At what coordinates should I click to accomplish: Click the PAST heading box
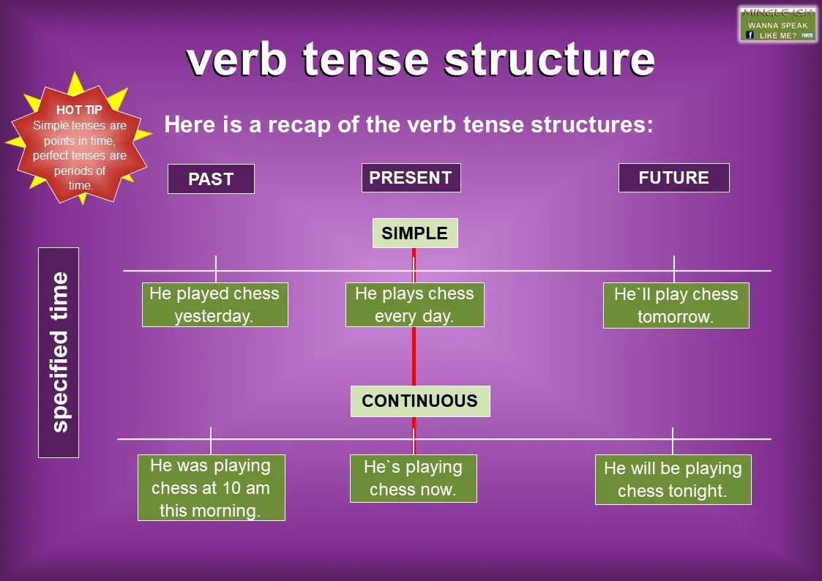(x=211, y=179)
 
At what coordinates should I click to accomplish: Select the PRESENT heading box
(x=411, y=178)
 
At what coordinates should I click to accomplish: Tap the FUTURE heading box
(x=673, y=178)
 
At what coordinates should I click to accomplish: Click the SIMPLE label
(x=414, y=233)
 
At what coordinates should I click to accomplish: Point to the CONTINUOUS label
(x=419, y=401)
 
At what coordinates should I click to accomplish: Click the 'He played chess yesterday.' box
(x=214, y=304)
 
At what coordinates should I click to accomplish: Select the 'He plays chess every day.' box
(x=414, y=304)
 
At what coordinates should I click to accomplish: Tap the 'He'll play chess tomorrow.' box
(x=676, y=305)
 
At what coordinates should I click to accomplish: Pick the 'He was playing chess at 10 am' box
(x=211, y=487)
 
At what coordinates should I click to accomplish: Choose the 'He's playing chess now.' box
(x=413, y=478)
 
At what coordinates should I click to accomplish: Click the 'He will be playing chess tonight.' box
(x=673, y=479)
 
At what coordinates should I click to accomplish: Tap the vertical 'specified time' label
(x=59, y=352)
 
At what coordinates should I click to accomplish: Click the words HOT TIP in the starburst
(x=79, y=110)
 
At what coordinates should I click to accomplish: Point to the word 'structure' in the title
(x=550, y=59)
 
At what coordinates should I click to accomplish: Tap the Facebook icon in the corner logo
(x=750, y=34)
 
